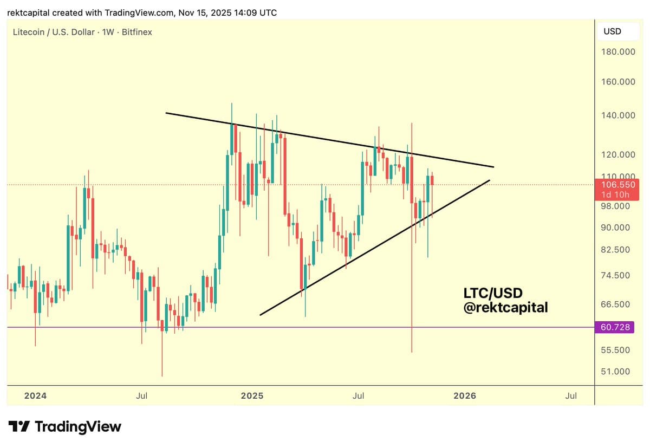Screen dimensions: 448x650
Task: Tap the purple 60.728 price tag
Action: point(616,327)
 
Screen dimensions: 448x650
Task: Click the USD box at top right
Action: point(612,31)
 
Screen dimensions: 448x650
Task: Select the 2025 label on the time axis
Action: point(252,396)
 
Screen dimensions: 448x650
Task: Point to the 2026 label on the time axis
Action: point(464,396)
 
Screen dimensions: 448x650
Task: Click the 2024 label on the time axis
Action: point(35,396)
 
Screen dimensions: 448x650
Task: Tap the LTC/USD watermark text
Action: point(493,293)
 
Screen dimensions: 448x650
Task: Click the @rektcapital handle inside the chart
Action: point(505,307)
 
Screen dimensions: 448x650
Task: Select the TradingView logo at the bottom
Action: point(65,426)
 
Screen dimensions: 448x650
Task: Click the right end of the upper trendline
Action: point(493,167)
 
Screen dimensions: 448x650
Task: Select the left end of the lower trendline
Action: point(261,315)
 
